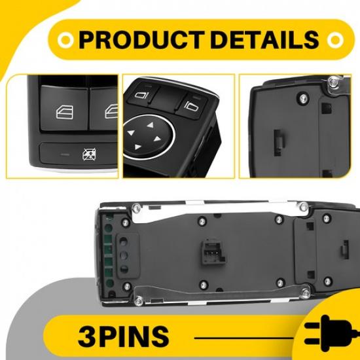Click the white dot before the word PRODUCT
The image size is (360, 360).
(64, 40)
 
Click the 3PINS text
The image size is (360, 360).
(123, 336)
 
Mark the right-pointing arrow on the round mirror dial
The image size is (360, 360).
(164, 135)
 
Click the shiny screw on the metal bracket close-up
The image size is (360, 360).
(334, 83)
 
